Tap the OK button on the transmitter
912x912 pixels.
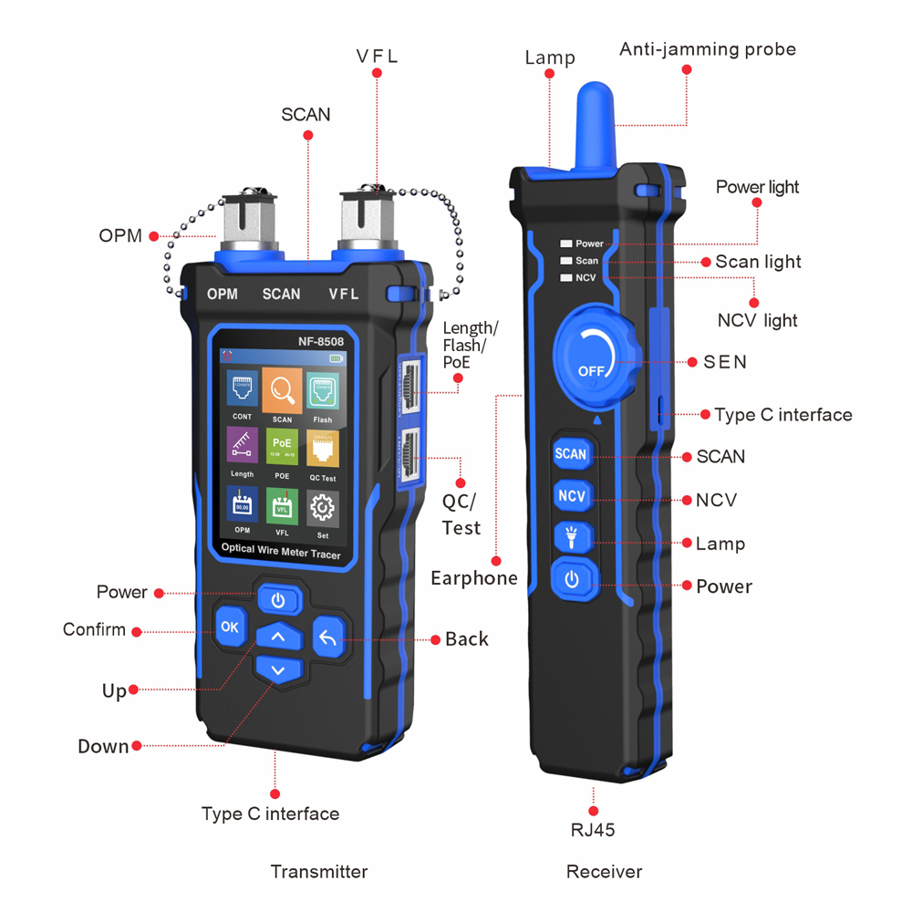click(x=229, y=627)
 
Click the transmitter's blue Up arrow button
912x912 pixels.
click(x=279, y=637)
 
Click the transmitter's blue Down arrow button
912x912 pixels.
click(x=279, y=670)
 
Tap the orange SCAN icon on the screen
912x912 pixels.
click(x=282, y=392)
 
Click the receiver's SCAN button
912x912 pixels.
click(x=571, y=453)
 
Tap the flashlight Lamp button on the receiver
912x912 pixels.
click(x=571, y=538)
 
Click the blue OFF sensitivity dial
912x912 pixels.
click(x=593, y=353)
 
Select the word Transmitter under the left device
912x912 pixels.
click(x=319, y=872)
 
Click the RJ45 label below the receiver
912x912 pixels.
click(x=594, y=830)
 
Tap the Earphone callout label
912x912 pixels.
click(x=474, y=578)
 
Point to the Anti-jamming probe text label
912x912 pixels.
click(x=708, y=49)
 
